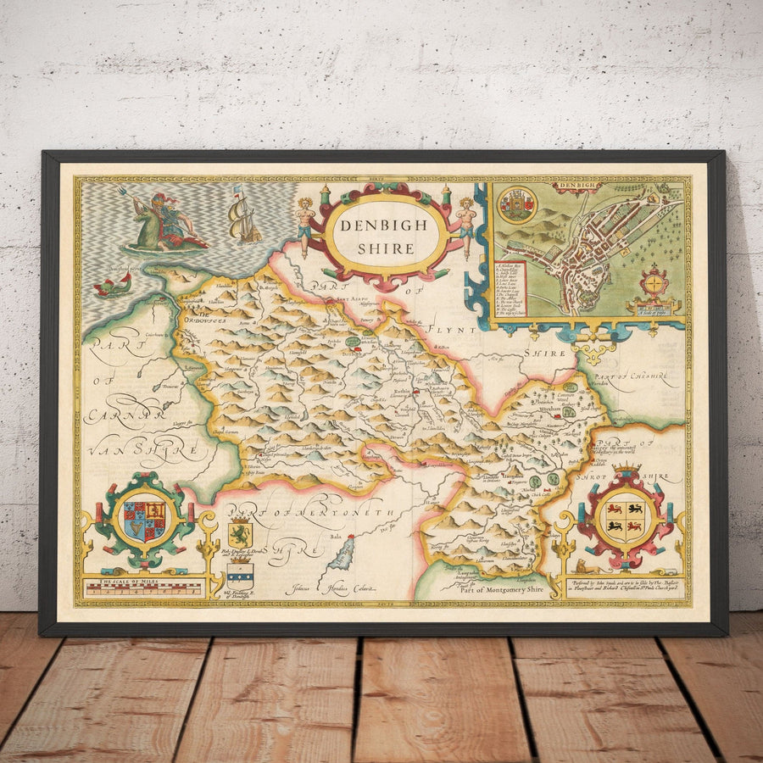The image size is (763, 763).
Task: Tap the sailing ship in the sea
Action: [243, 217]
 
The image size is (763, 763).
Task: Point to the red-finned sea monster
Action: [113, 286]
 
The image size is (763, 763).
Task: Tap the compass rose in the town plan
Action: [654, 281]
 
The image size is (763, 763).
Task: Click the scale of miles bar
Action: [143, 586]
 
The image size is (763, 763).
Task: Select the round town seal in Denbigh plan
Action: [518, 205]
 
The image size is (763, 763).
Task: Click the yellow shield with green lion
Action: [239, 534]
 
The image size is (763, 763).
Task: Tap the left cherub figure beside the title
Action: [304, 226]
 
